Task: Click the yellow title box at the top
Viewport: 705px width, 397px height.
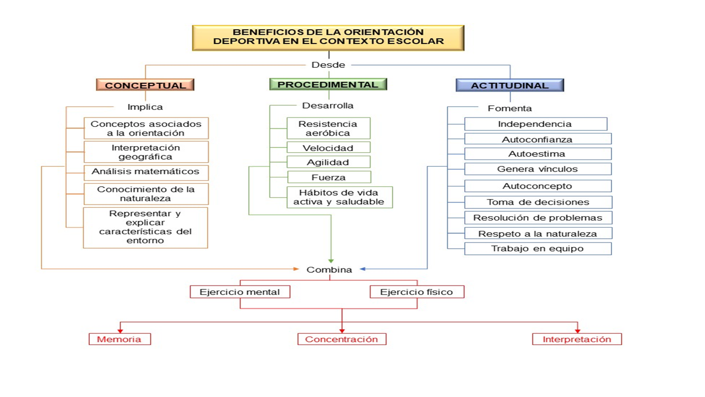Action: point(328,37)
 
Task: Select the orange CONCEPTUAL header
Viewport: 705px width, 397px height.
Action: point(145,85)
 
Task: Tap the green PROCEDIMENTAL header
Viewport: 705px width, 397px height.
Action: point(328,84)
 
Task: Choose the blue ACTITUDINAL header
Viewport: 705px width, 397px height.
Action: point(509,85)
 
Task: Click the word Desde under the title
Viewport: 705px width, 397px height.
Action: point(328,65)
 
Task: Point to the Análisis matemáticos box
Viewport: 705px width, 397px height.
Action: point(145,172)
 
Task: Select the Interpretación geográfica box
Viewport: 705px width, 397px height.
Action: point(145,152)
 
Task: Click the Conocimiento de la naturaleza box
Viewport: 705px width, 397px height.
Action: point(145,194)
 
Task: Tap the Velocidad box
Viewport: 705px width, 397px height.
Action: point(328,148)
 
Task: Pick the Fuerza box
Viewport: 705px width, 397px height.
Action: point(329,178)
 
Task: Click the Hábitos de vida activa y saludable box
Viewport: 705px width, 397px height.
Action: point(339,197)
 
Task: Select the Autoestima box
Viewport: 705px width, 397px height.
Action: point(537,154)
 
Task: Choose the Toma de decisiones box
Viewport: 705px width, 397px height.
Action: point(538,202)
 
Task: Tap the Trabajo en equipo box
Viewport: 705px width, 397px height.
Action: point(538,249)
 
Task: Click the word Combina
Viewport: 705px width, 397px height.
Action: point(329,270)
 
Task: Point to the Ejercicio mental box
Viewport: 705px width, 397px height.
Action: point(240,292)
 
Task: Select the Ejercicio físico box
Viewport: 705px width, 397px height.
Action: point(416,292)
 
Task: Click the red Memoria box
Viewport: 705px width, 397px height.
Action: point(120,339)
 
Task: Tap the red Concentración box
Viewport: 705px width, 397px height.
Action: point(341,339)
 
